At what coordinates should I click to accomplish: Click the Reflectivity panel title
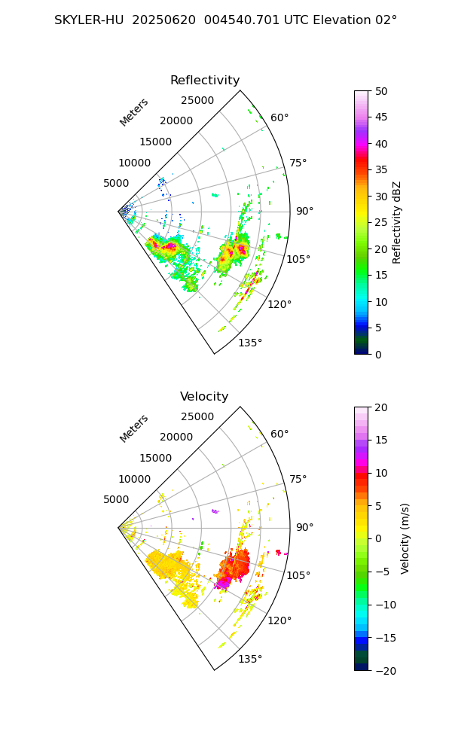tap(205, 81)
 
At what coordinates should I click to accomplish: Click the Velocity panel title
tap(204, 397)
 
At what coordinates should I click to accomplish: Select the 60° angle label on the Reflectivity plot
tap(279, 117)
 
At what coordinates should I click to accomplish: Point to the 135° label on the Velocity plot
tap(250, 660)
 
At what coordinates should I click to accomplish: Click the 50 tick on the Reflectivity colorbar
tap(382, 91)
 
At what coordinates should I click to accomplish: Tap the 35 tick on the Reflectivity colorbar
tap(382, 170)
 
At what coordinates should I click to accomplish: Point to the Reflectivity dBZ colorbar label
tap(397, 222)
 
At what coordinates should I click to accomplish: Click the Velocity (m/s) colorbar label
tap(405, 538)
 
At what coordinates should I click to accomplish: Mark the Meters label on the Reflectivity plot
tap(134, 112)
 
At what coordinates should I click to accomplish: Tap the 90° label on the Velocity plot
tap(304, 527)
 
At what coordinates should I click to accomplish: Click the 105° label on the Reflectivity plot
tap(298, 259)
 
